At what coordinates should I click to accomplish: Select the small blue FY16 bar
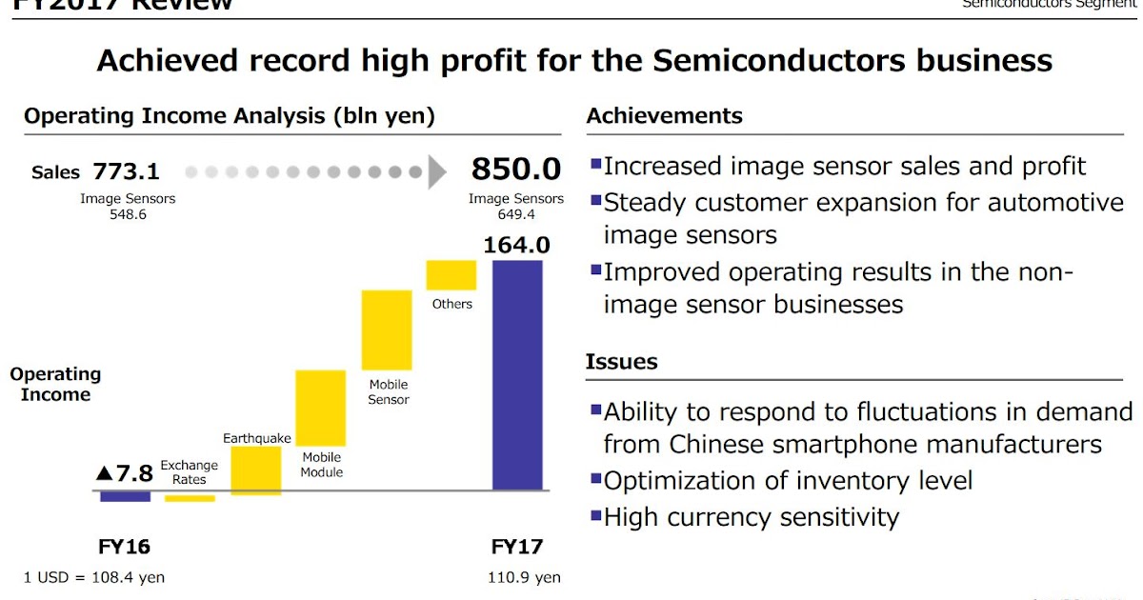(x=125, y=496)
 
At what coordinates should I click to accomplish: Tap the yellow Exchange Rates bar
(x=190, y=497)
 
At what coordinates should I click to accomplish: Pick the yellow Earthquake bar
(x=256, y=470)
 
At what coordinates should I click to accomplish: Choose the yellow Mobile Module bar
(x=320, y=408)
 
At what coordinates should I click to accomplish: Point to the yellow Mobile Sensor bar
(x=387, y=330)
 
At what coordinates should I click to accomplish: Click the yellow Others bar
(x=451, y=274)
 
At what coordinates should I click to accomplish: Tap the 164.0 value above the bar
(x=516, y=245)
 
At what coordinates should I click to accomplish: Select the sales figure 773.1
(x=127, y=172)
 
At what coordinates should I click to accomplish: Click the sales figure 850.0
(x=516, y=170)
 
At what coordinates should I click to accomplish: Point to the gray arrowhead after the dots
(x=437, y=172)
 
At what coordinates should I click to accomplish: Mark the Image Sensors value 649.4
(x=515, y=214)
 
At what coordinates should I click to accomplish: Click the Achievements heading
(x=664, y=116)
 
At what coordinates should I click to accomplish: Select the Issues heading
(x=621, y=362)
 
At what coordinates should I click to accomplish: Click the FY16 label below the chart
(x=125, y=548)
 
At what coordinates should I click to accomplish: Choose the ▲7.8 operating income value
(x=124, y=473)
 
